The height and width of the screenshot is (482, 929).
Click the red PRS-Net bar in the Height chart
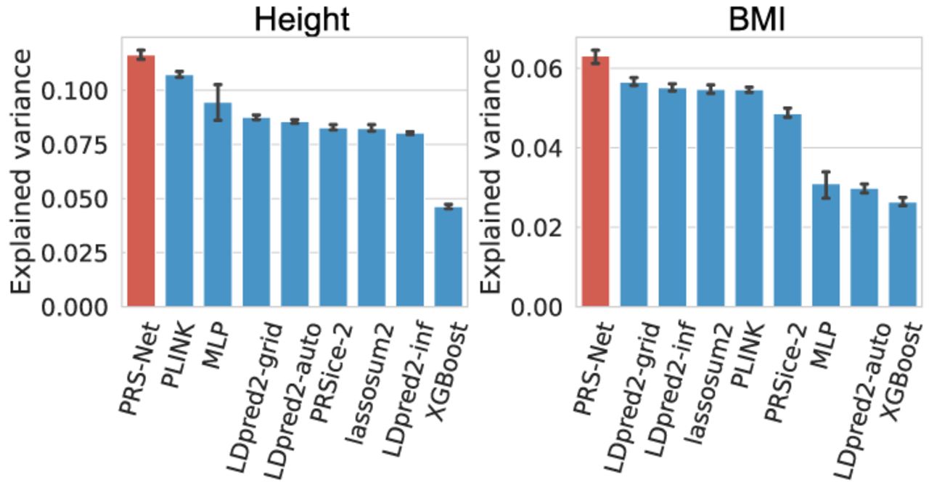[x=141, y=181]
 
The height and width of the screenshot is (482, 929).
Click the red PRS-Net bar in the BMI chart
[x=595, y=181]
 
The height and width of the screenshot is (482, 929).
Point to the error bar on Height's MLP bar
[x=218, y=102]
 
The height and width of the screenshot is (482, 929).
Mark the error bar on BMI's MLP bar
[x=826, y=184]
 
